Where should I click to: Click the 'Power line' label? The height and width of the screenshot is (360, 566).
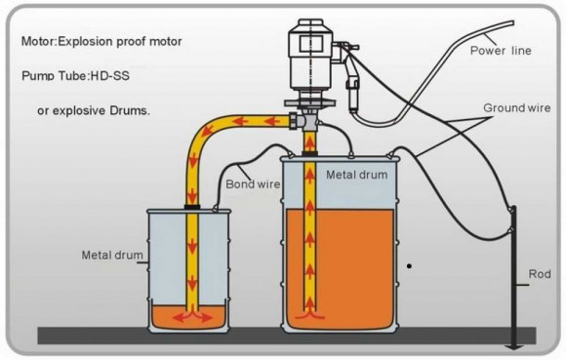coord(501,50)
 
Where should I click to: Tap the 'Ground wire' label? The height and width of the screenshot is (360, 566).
coord(514,106)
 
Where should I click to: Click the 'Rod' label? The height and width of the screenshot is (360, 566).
coord(539,273)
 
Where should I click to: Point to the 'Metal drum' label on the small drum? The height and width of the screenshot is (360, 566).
coord(112,257)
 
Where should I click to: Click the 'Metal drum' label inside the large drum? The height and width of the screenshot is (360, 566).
coord(356,175)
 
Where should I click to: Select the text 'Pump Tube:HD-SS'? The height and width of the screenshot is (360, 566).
coord(75,75)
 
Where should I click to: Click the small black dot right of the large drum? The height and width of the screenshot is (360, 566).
coord(411,264)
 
